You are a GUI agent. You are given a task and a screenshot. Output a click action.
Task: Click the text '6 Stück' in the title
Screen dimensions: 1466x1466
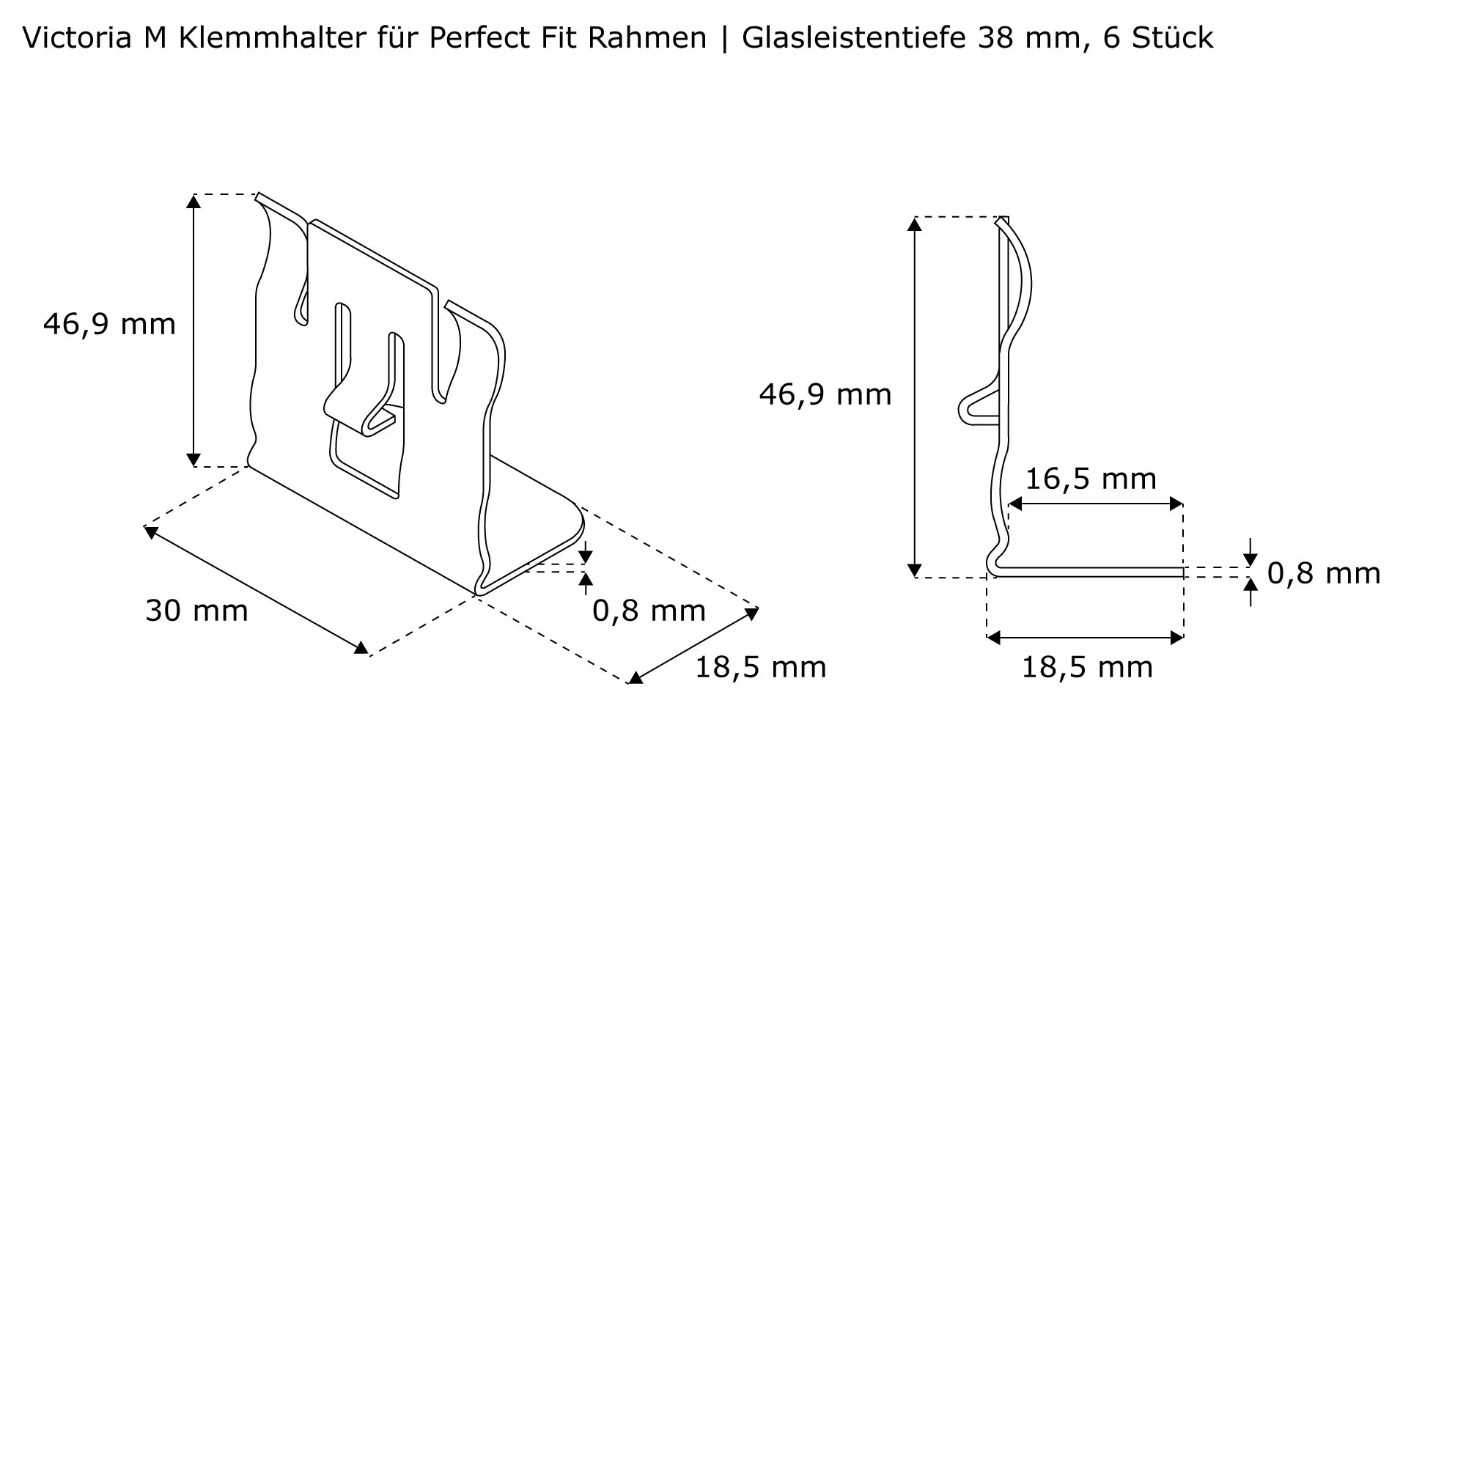click(x=1158, y=37)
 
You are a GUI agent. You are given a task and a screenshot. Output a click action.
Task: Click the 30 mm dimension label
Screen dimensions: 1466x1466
click(x=196, y=610)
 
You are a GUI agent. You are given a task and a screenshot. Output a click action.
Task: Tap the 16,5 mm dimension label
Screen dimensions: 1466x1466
click(x=1091, y=479)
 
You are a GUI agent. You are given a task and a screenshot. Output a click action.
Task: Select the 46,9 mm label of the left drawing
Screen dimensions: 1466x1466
click(x=109, y=324)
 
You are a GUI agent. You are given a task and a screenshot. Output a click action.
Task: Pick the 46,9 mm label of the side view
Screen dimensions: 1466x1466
click(x=825, y=394)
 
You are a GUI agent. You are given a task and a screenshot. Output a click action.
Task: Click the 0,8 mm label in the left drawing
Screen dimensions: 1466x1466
click(x=649, y=610)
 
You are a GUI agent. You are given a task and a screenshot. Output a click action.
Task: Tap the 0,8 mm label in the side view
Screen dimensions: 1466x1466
click(x=1323, y=573)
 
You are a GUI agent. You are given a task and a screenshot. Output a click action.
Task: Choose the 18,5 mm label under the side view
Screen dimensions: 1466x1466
click(x=1086, y=667)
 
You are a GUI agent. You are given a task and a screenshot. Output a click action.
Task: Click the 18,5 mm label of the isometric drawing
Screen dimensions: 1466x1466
click(x=760, y=667)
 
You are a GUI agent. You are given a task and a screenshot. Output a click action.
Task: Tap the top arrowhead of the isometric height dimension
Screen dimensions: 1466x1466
click(x=194, y=201)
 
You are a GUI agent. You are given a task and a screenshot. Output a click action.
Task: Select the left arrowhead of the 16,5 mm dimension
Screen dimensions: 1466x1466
click(x=1015, y=504)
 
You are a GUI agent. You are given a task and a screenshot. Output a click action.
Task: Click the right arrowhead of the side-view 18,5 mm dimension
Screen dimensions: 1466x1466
click(x=1177, y=638)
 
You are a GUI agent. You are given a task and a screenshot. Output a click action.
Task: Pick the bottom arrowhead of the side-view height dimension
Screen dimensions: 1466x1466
click(x=914, y=570)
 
